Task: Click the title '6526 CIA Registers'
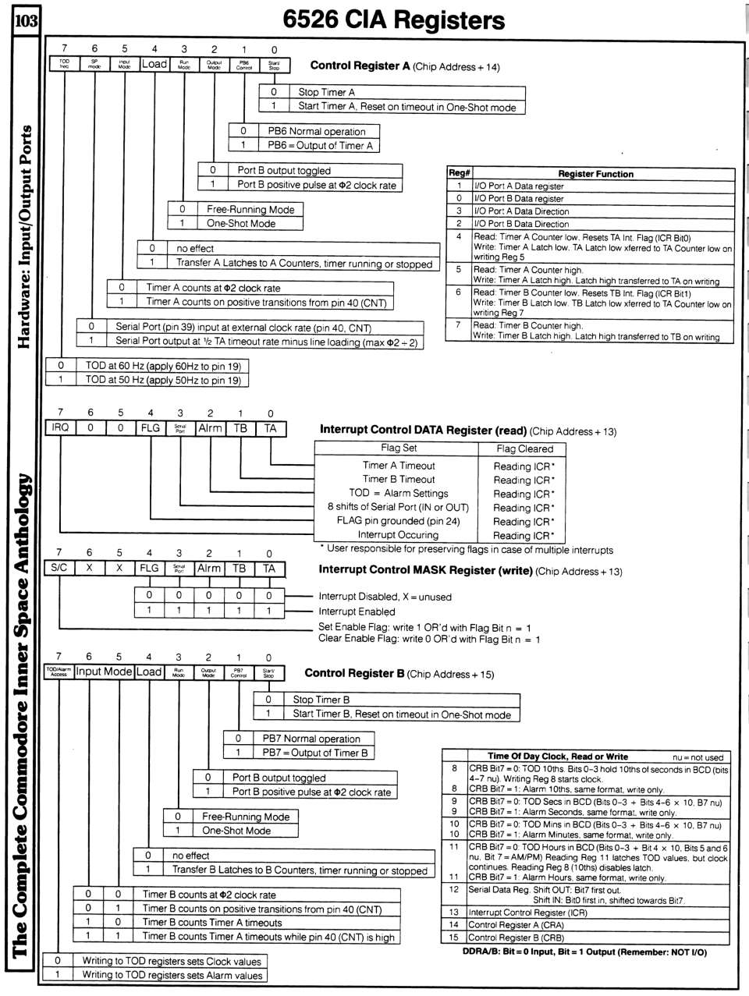coord(393,20)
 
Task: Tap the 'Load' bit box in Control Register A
coord(154,65)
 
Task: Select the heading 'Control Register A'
coord(360,66)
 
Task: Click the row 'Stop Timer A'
coord(326,92)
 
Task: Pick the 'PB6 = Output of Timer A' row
coord(320,145)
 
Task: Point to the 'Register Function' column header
coord(595,174)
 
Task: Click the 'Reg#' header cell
coord(459,174)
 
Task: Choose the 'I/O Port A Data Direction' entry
coord(521,211)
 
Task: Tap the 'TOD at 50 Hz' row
coord(162,380)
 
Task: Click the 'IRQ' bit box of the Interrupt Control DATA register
coord(60,428)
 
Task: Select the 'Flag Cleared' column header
coord(524,448)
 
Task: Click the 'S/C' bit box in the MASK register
coord(59,569)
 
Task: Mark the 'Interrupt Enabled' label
coord(357,611)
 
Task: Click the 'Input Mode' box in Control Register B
coord(104,672)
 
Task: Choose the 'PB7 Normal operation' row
coord(311,739)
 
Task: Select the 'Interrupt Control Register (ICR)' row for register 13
coord(527,912)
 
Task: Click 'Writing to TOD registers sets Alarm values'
coord(172,975)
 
